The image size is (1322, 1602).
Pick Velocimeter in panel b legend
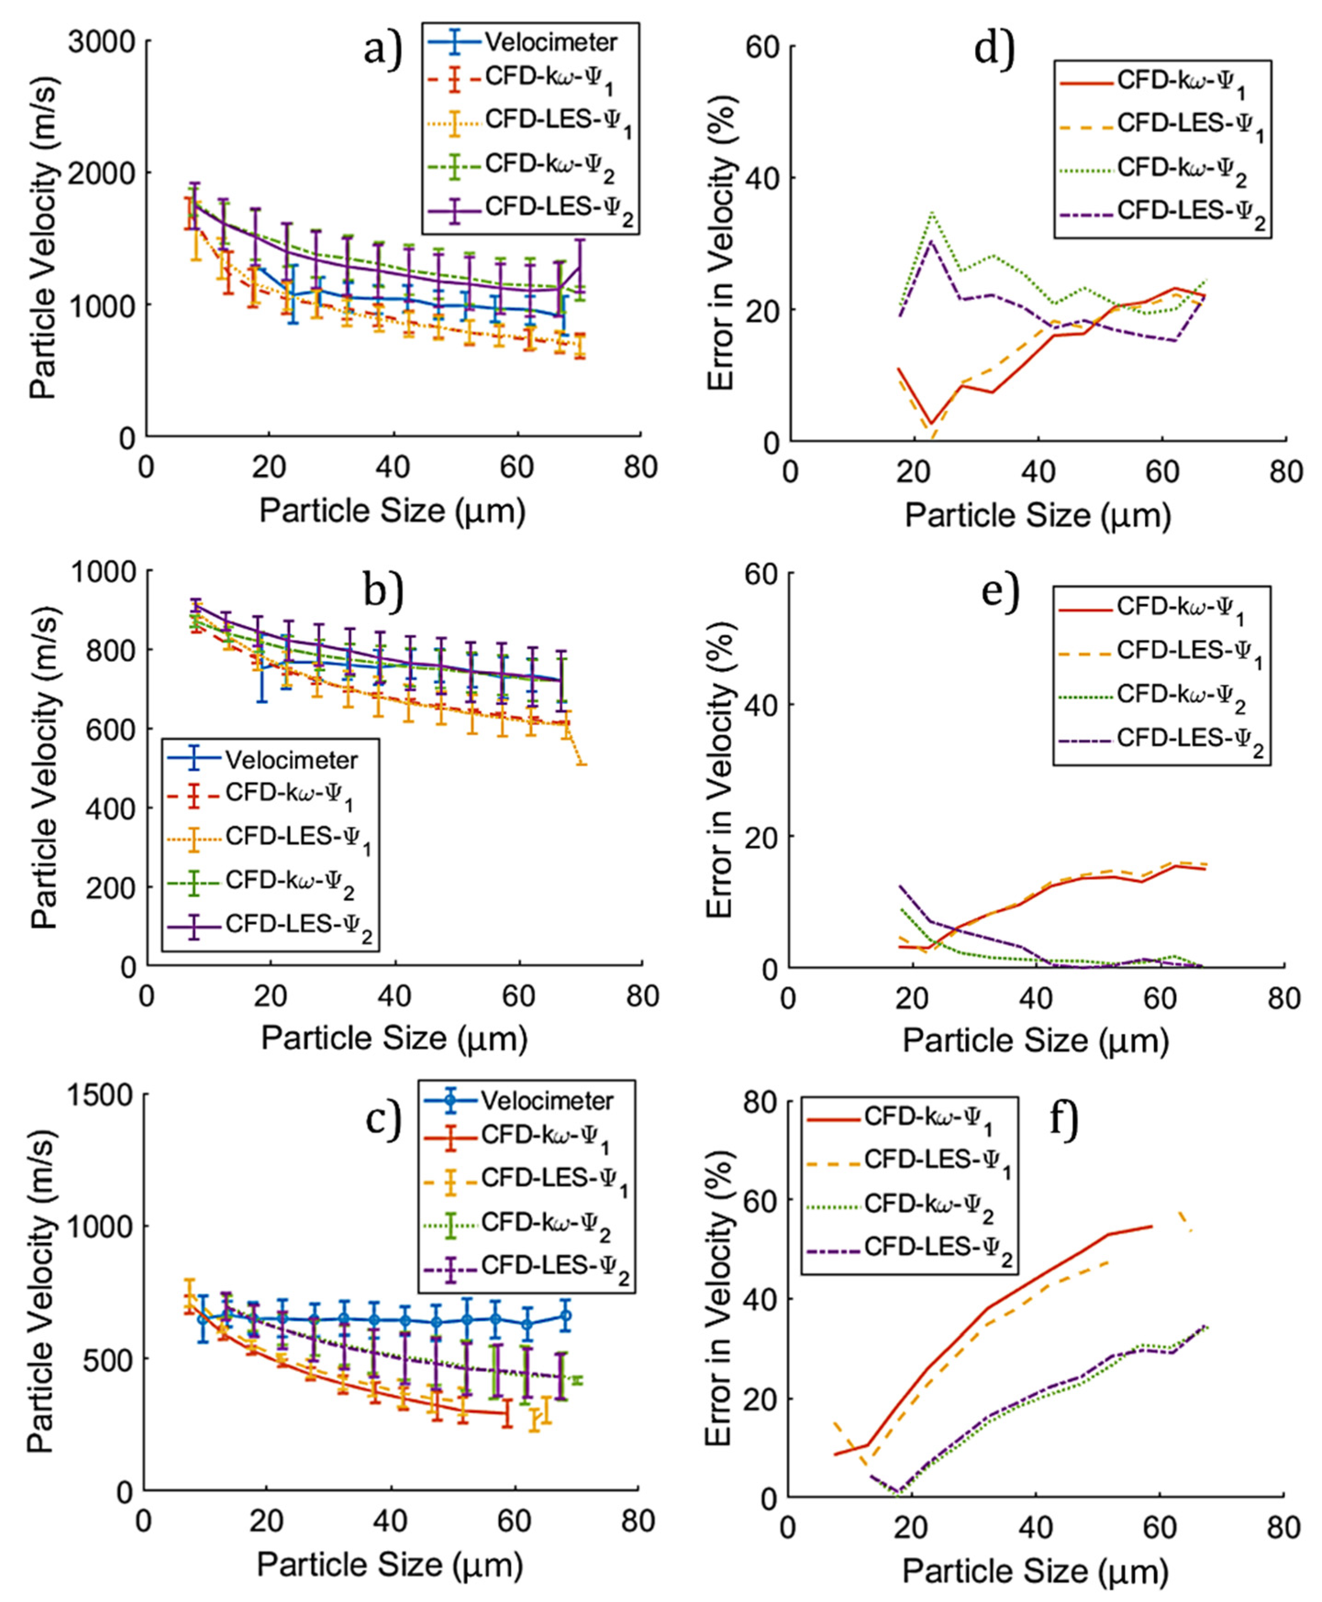tap(291, 760)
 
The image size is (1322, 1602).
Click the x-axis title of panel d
tap(1037, 516)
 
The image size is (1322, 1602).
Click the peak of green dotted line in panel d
tap(931, 212)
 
